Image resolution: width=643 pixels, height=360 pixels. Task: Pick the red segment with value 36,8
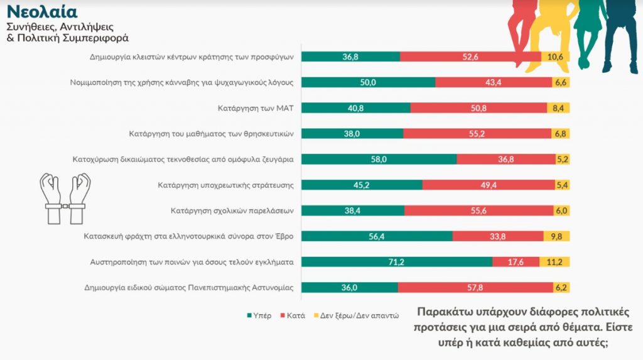505,159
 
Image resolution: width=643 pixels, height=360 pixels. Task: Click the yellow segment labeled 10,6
556,57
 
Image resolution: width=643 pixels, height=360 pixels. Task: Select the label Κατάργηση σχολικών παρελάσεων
232,210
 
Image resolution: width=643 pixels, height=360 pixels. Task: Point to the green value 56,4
377,236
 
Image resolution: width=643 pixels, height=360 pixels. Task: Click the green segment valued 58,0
379,159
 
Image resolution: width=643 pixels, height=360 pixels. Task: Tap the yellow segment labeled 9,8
556,236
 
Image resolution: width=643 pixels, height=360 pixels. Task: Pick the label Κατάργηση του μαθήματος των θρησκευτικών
212,133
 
